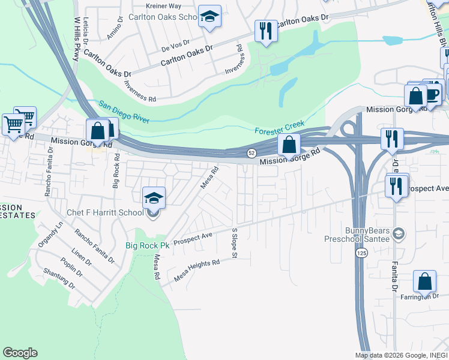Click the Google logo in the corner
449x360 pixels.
coord(20,353)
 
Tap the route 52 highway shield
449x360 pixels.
coord(253,154)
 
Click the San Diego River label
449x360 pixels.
coord(124,112)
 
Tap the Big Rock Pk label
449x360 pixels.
coord(147,245)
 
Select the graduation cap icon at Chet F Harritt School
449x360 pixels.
coord(154,198)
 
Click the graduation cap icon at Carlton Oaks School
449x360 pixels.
coord(209,17)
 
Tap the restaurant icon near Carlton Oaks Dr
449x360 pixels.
coord(265,31)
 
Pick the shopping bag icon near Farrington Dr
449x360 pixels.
coord(424,281)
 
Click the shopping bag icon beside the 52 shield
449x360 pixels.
coord(289,144)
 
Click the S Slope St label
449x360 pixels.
coord(234,244)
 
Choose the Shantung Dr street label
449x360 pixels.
coord(59,278)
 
